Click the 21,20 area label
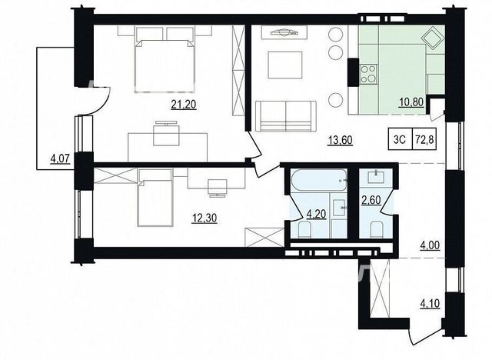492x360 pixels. [x=184, y=104]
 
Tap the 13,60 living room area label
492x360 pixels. [x=341, y=140]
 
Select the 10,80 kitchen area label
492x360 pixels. [x=411, y=102]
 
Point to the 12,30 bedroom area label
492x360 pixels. [x=204, y=218]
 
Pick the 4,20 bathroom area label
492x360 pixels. [x=316, y=214]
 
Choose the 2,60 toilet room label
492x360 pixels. [x=371, y=200]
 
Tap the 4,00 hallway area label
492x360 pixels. [x=430, y=245]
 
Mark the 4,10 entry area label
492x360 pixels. [x=430, y=304]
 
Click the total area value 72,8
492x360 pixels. [x=424, y=139]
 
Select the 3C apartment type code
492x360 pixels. [x=400, y=139]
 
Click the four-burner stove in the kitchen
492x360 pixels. [x=369, y=75]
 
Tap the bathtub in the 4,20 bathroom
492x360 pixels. [x=319, y=180]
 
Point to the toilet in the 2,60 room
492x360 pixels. [x=376, y=229]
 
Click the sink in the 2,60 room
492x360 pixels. [x=376, y=177]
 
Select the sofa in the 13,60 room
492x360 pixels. [x=286, y=116]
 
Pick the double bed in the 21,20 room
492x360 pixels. [x=165, y=60]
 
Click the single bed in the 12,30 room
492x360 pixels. [x=155, y=198]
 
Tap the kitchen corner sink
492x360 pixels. [x=433, y=38]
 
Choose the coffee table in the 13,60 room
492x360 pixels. [x=285, y=65]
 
